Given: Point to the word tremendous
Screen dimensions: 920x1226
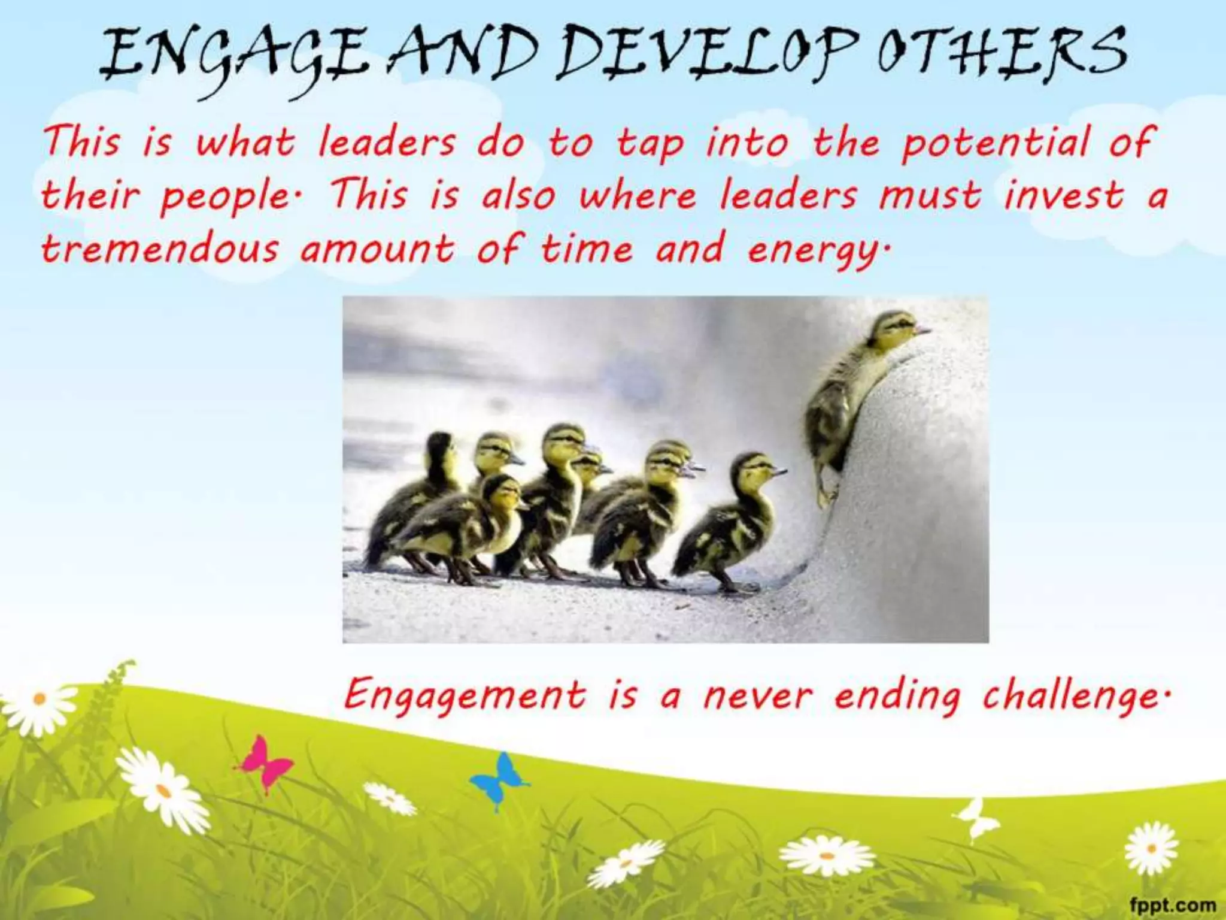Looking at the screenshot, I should click(160, 249).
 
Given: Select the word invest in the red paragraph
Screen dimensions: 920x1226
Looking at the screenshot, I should click(1064, 196).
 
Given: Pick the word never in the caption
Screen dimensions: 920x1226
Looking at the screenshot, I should click(758, 696).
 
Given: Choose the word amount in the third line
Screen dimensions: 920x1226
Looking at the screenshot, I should click(377, 249).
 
